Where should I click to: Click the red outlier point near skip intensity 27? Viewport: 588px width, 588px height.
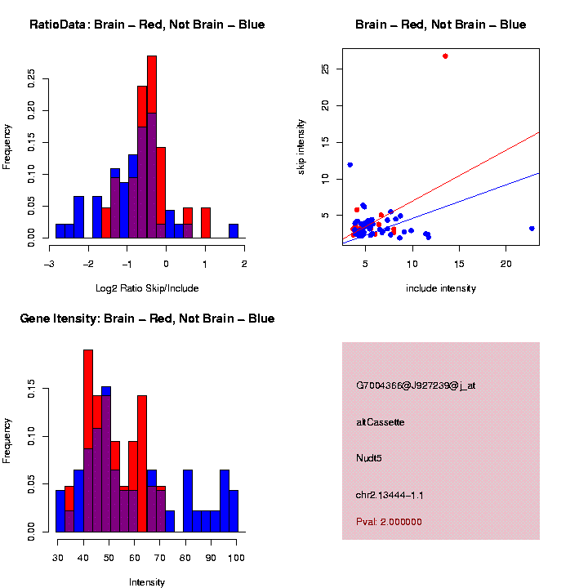(x=445, y=56)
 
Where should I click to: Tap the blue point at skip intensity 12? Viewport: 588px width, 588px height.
(x=350, y=165)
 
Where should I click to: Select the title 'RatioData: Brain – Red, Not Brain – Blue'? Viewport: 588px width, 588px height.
(x=147, y=24)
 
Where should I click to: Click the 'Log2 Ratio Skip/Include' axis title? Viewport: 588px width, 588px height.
(x=147, y=287)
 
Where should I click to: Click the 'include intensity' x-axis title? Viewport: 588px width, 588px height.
(x=441, y=288)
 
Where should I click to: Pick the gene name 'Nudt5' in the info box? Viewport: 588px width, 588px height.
(x=368, y=458)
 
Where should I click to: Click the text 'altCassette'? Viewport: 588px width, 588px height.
(x=381, y=422)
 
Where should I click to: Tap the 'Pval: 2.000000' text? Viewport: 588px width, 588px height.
(x=389, y=522)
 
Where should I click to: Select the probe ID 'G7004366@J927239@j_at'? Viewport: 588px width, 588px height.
(x=416, y=385)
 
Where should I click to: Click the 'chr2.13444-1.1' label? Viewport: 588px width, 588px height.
(x=390, y=495)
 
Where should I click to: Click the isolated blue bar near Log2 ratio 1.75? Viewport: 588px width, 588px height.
(x=234, y=231)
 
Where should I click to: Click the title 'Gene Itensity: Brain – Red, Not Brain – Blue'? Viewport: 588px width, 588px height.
(x=147, y=318)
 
